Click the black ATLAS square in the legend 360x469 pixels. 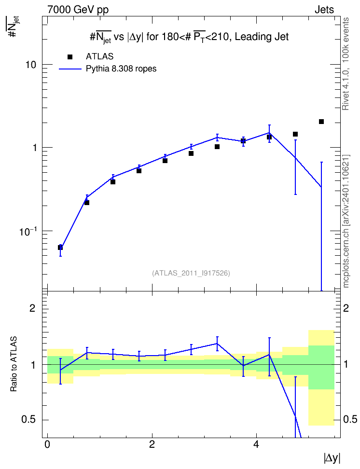(x=70, y=57)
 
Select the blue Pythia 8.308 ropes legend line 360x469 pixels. (x=70, y=69)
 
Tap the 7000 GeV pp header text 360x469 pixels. (x=78, y=10)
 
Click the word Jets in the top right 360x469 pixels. (x=324, y=10)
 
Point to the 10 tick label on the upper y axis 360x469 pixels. (x=30, y=65)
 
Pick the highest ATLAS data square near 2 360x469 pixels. (x=321, y=122)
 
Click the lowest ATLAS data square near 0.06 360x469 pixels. (x=60, y=248)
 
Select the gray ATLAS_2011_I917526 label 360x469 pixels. (x=191, y=273)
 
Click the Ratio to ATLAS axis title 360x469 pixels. (x=14, y=364)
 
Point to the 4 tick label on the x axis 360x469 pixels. (x=256, y=444)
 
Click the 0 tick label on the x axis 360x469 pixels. (x=47, y=444)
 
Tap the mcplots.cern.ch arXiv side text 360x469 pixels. (x=346, y=221)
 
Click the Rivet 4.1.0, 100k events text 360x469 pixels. (x=346, y=64)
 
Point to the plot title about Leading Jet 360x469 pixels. (x=189, y=37)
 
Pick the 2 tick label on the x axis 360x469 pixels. (x=152, y=444)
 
